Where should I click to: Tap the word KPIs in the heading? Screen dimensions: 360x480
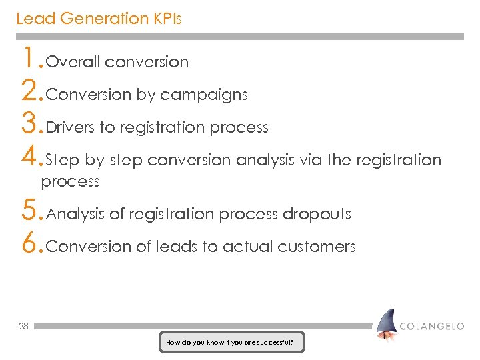166,19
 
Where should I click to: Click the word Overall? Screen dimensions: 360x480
73,63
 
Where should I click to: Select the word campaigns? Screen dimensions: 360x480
204,95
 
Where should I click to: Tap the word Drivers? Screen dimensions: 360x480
71,127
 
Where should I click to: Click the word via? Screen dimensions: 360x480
309,160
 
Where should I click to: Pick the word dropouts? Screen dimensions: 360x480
317,214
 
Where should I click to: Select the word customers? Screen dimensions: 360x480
317,247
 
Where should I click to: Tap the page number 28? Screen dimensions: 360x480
23,327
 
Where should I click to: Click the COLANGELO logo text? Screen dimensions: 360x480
431,326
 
